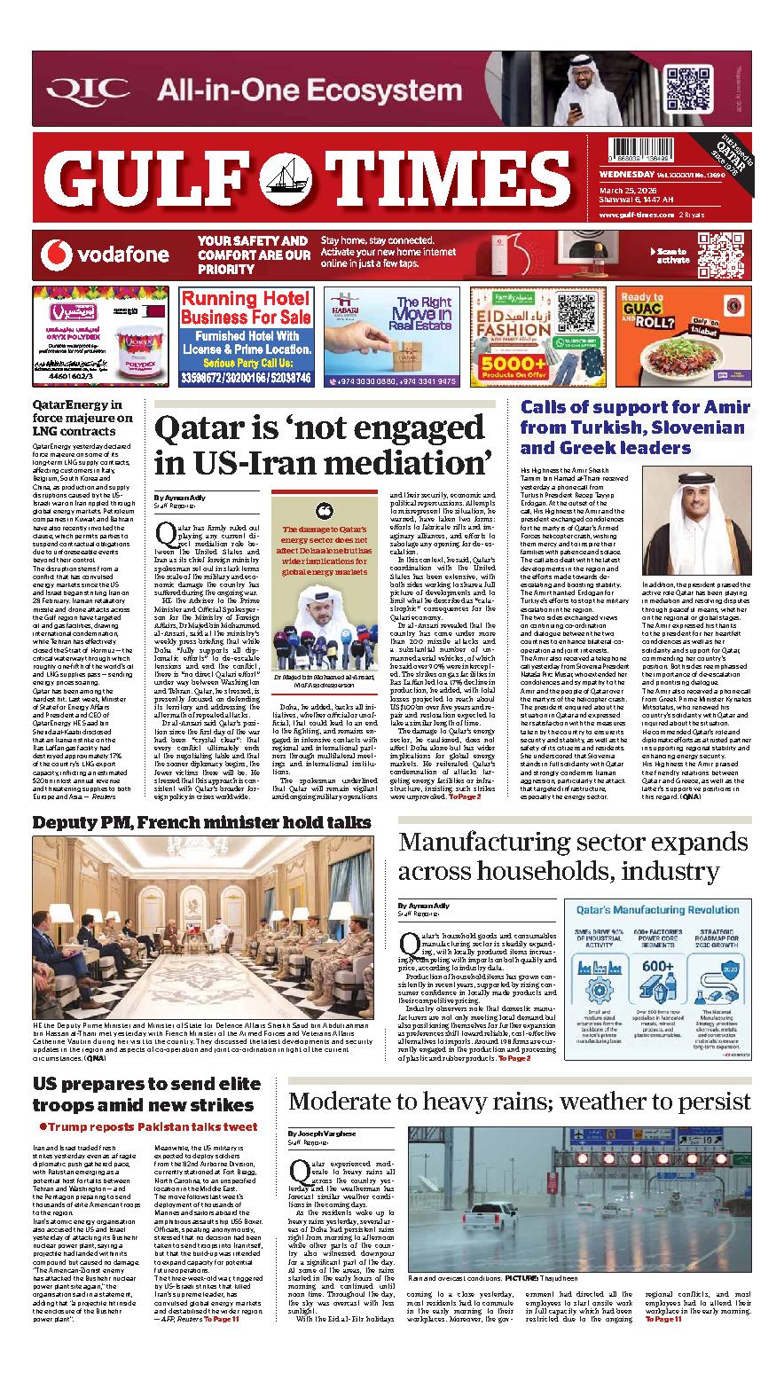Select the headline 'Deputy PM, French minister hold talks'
(x=201, y=822)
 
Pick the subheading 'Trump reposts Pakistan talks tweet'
(x=148, y=1127)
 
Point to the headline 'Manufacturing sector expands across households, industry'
(x=573, y=856)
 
